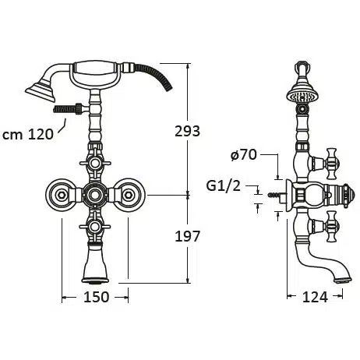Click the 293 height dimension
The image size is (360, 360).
click(x=187, y=131)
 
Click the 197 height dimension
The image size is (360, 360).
click(x=187, y=236)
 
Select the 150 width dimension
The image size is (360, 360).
click(x=96, y=297)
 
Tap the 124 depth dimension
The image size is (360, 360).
click(x=315, y=297)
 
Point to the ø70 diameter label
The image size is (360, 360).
click(x=244, y=155)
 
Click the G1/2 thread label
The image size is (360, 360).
click(x=224, y=186)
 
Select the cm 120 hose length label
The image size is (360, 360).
click(x=28, y=135)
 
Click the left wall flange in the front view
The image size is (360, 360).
click(x=62, y=195)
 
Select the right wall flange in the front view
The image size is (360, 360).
click(x=129, y=195)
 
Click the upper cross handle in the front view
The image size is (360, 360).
click(x=95, y=164)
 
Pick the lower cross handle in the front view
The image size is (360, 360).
click(x=95, y=227)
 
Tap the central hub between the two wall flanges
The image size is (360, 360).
click(x=95, y=195)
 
